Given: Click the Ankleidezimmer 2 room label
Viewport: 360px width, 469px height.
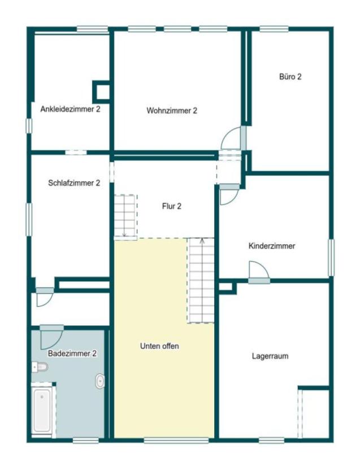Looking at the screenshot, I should tap(70, 109).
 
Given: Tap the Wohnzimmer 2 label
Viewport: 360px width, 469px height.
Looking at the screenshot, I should tap(171, 111).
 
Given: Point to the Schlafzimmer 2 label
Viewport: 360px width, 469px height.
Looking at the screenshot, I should tap(74, 183).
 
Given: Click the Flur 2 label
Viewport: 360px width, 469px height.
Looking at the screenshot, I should tap(171, 206).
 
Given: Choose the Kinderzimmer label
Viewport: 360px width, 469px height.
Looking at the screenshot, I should tap(272, 246).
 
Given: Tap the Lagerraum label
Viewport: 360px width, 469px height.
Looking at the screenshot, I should tap(271, 357).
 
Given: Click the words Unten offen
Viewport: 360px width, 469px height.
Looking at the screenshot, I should tap(159, 346).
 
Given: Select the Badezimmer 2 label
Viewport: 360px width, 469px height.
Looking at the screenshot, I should tap(72, 353).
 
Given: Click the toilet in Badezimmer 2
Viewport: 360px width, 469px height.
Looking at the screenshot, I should tap(40, 367).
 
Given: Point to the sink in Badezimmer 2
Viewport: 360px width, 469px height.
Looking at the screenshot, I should tap(100, 381).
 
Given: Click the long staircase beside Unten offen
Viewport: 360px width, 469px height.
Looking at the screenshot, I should tap(201, 280).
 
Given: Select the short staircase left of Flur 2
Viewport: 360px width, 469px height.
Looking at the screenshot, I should tap(125, 216).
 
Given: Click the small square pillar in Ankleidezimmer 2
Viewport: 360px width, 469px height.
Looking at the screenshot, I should tap(102, 91).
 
